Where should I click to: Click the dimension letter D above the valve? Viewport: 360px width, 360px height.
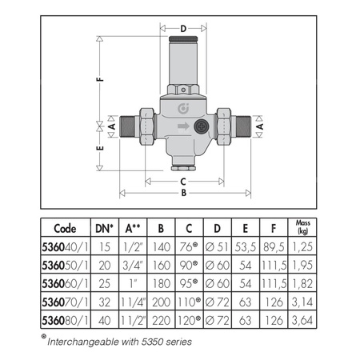(183, 30)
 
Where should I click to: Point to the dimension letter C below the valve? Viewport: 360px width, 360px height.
(184, 181)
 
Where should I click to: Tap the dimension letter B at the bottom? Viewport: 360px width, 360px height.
(184, 193)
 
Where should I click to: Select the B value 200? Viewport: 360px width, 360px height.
(162, 302)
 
